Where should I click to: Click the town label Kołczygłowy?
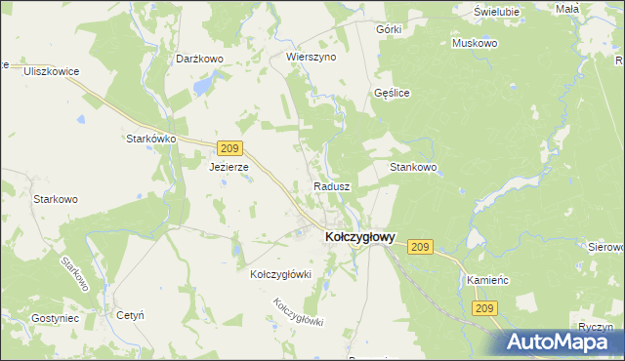[359, 236]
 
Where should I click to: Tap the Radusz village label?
[332, 185]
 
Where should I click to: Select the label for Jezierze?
[229, 167]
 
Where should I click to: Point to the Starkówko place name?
[150, 139]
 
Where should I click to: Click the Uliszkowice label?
[51, 72]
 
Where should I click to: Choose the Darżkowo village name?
[200, 59]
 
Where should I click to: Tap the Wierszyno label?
[311, 57]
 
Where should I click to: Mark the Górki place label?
[389, 29]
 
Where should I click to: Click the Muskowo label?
[475, 44]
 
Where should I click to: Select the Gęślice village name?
[392, 93]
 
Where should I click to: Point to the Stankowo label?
[413, 167]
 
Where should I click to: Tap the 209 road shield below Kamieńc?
[485, 308]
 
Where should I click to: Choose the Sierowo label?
[607, 247]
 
